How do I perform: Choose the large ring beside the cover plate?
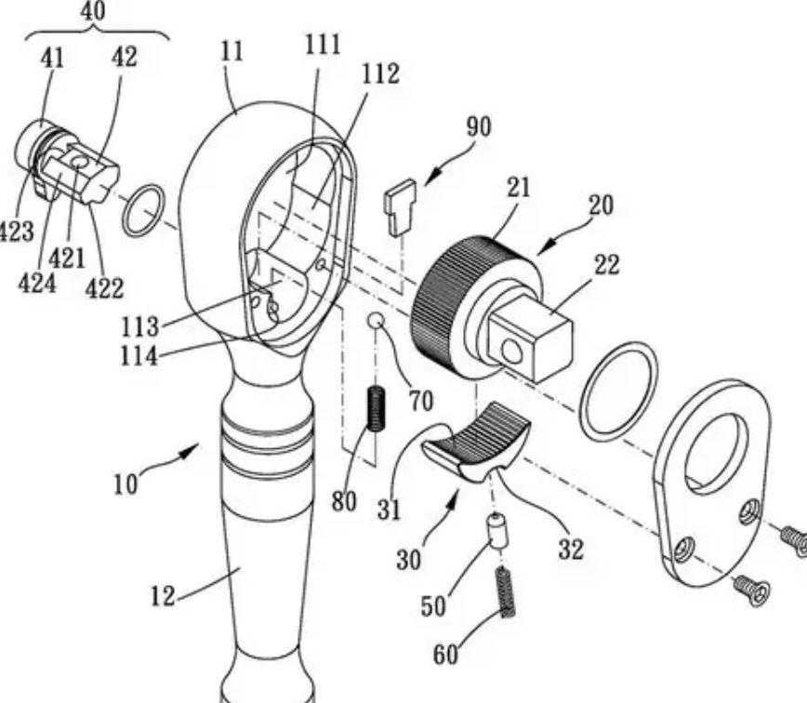click(617, 391)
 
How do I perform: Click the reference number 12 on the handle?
click(164, 595)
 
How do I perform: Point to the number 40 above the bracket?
click(93, 10)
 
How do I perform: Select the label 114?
click(138, 355)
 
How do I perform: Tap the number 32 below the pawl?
click(571, 549)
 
